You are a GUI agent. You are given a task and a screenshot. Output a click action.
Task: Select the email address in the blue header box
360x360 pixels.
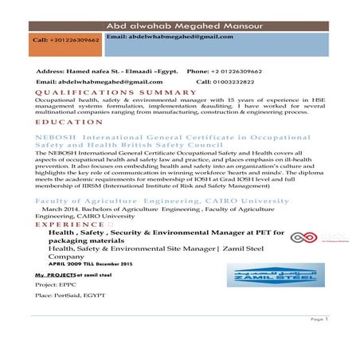pyautogui.click(x=169, y=37)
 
